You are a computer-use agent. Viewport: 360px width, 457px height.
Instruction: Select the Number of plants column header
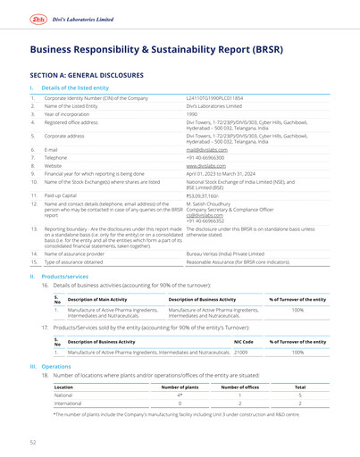[x=179, y=387]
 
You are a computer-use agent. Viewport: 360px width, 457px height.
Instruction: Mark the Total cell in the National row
[x=300, y=395]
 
